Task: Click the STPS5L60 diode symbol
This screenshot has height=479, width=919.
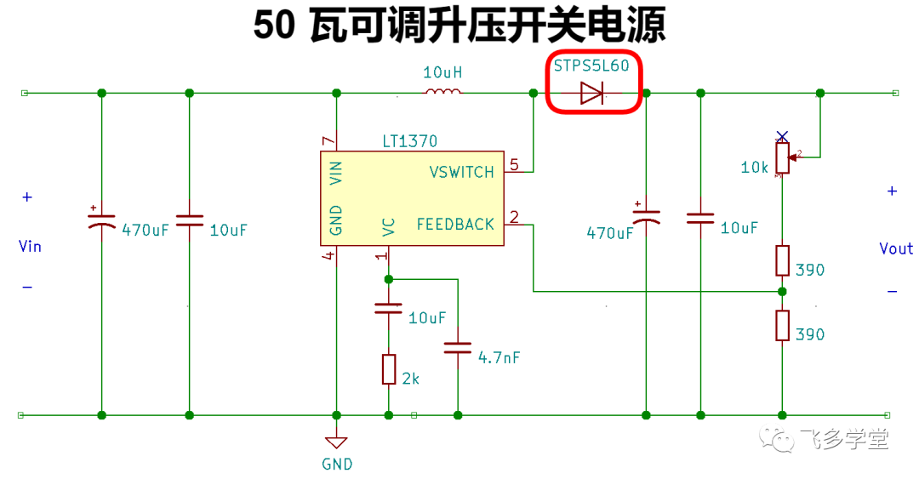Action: [592, 94]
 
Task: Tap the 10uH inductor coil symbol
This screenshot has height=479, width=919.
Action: [442, 91]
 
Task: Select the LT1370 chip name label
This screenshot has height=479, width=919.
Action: [409, 141]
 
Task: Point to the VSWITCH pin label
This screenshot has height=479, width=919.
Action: [462, 173]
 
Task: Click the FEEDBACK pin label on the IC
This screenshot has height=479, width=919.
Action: [455, 225]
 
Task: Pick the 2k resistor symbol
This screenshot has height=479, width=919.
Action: [389, 369]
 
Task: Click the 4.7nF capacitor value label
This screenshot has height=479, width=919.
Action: [499, 357]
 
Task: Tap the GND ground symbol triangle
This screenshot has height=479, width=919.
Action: [336, 442]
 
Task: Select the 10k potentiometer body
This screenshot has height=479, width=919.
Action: [783, 157]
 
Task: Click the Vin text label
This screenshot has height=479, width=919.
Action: [30, 246]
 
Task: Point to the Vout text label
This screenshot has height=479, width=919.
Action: [896, 248]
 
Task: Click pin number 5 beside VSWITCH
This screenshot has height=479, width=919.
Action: [514, 165]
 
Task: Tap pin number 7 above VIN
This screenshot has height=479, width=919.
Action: [328, 140]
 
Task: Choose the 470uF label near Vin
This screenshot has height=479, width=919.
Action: [145, 230]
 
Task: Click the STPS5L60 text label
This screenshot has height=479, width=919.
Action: [591, 66]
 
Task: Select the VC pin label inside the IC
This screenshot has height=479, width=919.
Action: [389, 227]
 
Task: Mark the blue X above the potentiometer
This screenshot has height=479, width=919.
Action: [782, 137]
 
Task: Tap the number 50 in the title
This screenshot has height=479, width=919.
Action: [274, 26]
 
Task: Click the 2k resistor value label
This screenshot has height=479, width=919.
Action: [411, 379]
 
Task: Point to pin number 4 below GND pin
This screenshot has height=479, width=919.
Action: [328, 255]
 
